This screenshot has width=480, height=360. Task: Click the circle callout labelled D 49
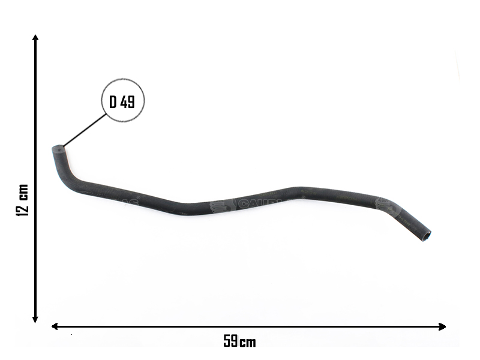click(122, 101)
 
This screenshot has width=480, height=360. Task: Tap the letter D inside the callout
click(113, 102)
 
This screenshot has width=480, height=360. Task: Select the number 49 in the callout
click(128, 102)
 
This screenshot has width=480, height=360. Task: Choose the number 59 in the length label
click(231, 341)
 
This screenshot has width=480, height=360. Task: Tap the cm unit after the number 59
click(248, 342)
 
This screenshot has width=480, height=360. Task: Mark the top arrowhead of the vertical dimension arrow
click(36, 38)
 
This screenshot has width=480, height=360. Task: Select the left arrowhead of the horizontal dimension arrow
click(55, 326)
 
